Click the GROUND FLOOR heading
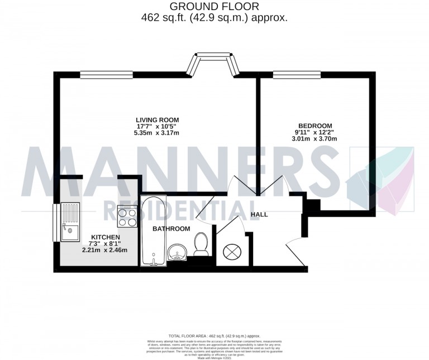[x=214, y=7]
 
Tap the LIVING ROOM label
[x=157, y=119]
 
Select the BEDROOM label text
[x=315, y=126]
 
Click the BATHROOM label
[x=171, y=229]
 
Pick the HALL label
[x=259, y=214]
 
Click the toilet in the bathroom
[x=202, y=243]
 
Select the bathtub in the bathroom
[x=152, y=229]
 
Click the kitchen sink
[x=70, y=222]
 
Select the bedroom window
[x=297, y=74]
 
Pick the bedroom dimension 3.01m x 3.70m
[x=315, y=139]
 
